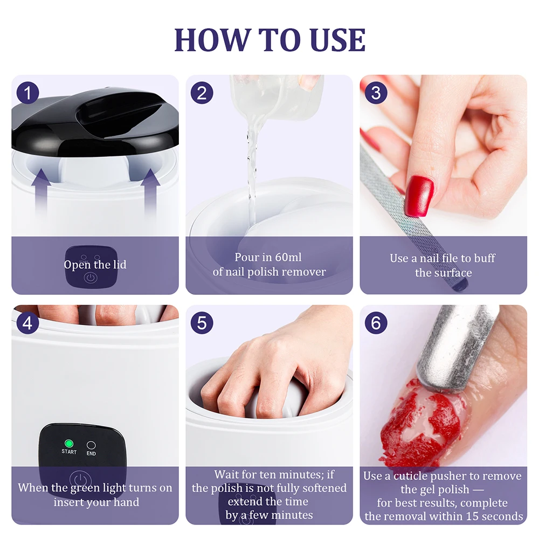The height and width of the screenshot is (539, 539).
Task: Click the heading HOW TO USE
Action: coord(269,39)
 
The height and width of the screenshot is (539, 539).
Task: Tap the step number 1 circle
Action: coord(27,93)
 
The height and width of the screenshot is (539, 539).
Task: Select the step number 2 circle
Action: coord(202,93)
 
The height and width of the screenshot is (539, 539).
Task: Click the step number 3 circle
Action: coord(376,93)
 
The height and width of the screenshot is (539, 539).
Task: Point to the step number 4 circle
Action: coord(27,323)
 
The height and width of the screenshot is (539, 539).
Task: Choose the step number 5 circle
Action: coord(202,323)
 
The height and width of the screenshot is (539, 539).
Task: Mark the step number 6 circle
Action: coord(376,323)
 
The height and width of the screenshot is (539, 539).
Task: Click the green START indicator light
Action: coord(68,444)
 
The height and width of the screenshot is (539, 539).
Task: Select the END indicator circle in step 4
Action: coord(91,445)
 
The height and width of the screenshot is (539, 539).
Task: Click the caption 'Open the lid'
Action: coord(95,265)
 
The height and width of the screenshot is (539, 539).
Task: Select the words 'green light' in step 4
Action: coord(99,488)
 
